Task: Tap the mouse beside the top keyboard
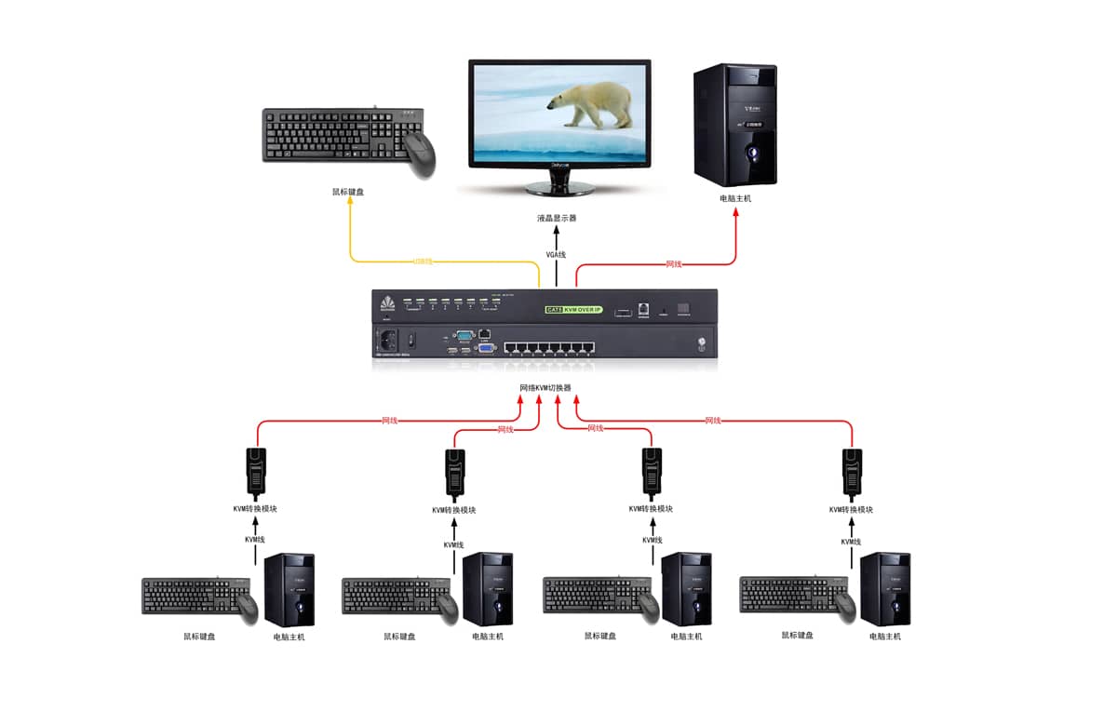click(420, 153)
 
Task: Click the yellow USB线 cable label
click(424, 262)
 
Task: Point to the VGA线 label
click(556, 254)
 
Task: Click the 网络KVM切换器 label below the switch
click(545, 388)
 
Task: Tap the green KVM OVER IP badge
click(573, 308)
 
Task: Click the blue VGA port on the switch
click(486, 349)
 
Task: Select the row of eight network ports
click(549, 349)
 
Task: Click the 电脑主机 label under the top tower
click(735, 198)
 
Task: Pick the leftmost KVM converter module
click(256, 471)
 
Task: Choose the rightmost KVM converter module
click(852, 471)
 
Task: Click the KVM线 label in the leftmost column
click(255, 540)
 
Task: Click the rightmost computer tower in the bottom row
click(884, 588)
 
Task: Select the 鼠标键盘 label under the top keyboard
click(348, 193)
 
